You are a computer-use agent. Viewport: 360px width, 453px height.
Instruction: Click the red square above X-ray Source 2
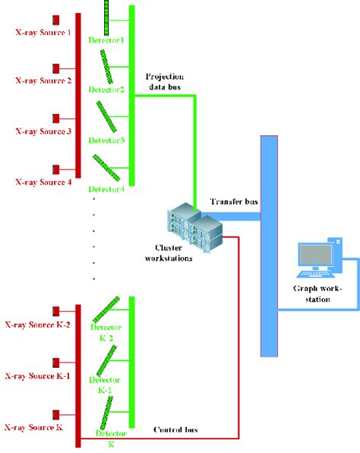click(x=56, y=68)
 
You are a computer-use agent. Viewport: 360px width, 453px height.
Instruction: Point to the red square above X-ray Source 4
click(x=56, y=168)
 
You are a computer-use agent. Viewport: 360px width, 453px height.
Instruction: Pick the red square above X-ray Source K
click(x=56, y=414)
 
